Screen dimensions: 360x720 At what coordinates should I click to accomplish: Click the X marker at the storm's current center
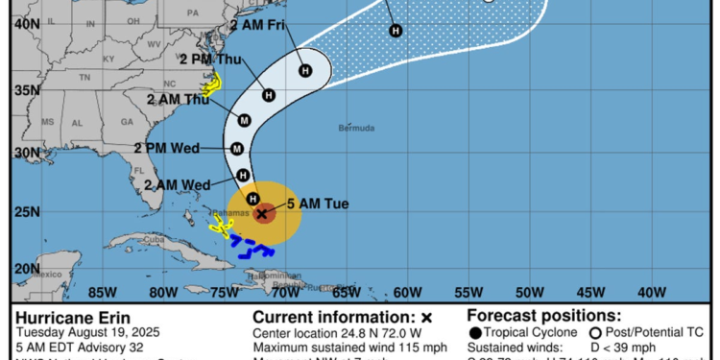[x=261, y=213]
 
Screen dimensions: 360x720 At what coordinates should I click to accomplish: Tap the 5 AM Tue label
[x=318, y=204]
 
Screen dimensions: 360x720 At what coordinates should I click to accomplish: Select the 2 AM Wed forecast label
[x=178, y=184]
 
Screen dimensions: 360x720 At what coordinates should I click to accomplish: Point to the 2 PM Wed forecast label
[x=166, y=148]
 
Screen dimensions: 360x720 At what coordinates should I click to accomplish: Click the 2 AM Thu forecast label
[x=178, y=99]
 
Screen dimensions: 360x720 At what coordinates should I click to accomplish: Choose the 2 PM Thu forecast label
[x=210, y=59]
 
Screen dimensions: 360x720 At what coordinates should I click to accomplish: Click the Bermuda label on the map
[x=357, y=128]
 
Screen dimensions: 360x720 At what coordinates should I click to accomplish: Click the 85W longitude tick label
[x=103, y=292]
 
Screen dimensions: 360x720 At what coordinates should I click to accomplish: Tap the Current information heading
[x=341, y=316]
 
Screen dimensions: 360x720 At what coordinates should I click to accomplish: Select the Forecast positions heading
[x=543, y=316]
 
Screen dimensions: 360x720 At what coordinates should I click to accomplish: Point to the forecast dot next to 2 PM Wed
[x=237, y=148]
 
